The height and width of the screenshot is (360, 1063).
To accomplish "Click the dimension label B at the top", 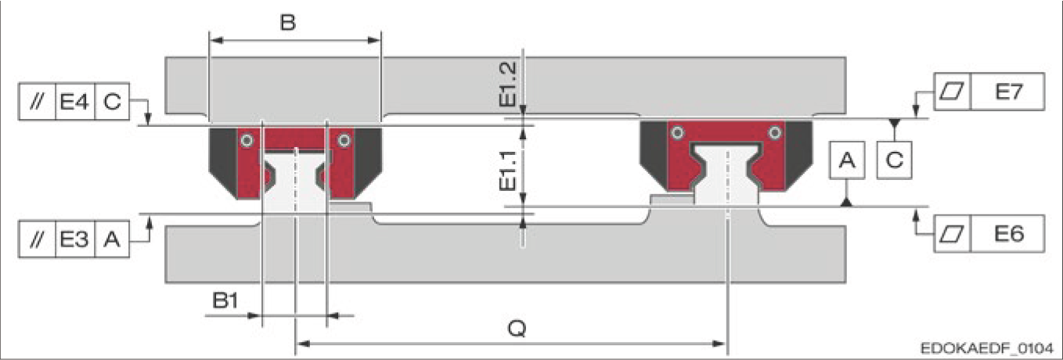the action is [287, 22].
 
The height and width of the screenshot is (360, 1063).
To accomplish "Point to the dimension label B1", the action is [225, 301].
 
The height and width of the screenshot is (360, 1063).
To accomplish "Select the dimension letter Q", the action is [517, 328].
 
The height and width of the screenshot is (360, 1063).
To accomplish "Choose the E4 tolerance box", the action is [75, 102].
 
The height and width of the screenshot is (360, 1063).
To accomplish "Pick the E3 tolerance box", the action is [75, 239].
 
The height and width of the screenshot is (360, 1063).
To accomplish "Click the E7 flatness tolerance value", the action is [1008, 92].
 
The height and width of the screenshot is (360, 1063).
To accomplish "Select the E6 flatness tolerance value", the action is [1008, 234].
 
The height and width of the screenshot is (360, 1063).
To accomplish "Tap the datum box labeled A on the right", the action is [847, 160].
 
